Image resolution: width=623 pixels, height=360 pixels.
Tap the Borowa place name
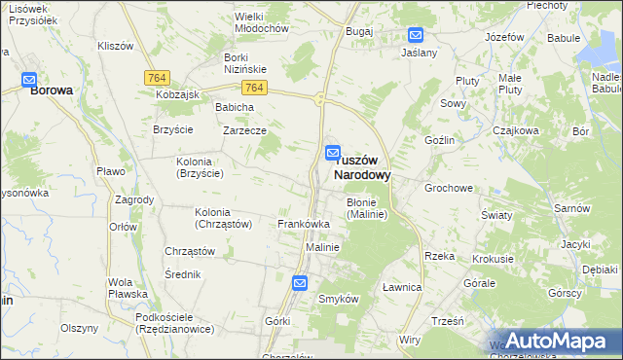pos(52,90)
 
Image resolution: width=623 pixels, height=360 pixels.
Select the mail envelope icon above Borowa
pos(29,81)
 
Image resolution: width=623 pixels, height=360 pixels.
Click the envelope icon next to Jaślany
pos(416,36)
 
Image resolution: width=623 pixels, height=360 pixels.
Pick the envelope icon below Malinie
pos(300,283)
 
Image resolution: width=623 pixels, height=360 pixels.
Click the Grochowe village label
pos(448,187)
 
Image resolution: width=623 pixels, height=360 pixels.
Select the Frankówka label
pos(304,224)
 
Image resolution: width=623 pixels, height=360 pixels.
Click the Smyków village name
pos(340,299)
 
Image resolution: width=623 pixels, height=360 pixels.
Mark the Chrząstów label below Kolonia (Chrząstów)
pos(190,250)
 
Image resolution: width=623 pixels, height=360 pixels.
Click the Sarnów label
pos(572,208)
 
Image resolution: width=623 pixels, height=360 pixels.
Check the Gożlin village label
pos(440,140)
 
